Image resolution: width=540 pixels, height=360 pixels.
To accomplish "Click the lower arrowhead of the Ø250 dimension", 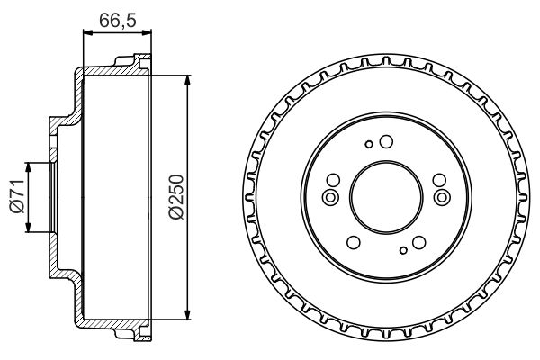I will pyautogui.click(x=187, y=314).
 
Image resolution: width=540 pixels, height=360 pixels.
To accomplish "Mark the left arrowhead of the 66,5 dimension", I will pyautogui.click(x=86, y=32).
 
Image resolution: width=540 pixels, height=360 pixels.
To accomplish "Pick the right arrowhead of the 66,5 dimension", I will pyautogui.click(x=144, y=32).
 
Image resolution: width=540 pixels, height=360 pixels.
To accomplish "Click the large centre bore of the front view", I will pyautogui.click(x=385, y=196).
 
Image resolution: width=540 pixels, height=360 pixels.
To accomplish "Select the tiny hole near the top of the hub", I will pyautogui.click(x=369, y=143).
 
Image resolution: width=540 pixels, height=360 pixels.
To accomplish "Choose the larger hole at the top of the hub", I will pyautogui.click(x=385, y=141).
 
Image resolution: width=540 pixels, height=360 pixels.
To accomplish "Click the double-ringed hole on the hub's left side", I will pyautogui.click(x=329, y=196).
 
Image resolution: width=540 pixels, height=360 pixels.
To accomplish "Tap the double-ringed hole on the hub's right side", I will pyautogui.click(x=441, y=196).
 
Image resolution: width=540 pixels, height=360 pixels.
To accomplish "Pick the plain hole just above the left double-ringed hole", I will pyautogui.click(x=335, y=179).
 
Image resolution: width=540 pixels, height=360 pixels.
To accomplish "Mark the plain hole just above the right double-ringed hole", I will pyautogui.click(x=436, y=179).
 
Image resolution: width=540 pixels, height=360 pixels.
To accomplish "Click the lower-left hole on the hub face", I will pyautogui.click(x=354, y=241).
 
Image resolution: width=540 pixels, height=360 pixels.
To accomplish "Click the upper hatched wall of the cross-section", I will pyautogui.click(x=108, y=71).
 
